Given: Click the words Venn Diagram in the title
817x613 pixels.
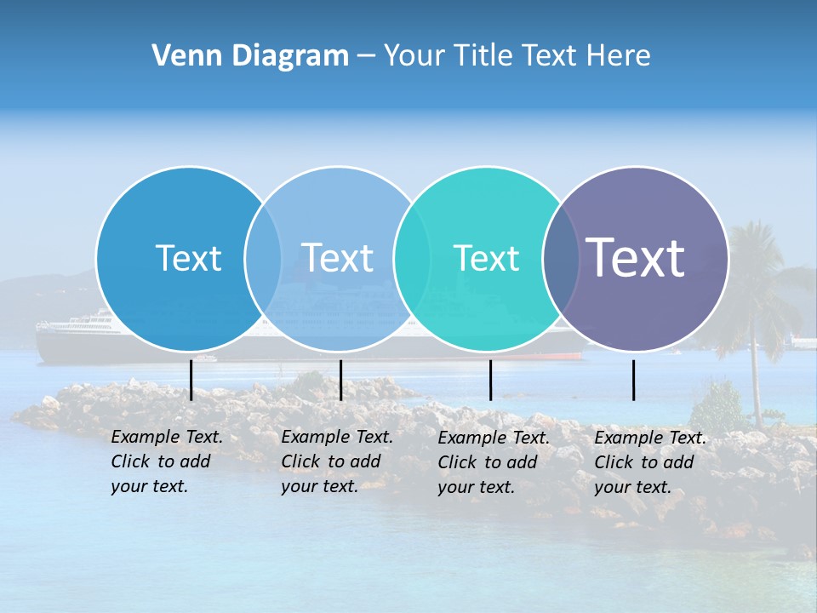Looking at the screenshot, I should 249,56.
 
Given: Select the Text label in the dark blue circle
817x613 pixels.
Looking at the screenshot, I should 188,258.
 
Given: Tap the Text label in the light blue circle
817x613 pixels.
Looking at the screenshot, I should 337,258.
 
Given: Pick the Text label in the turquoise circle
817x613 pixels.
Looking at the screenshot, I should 486,258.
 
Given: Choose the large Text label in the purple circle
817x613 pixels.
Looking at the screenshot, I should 635,257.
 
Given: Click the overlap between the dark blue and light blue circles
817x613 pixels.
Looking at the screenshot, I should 263,259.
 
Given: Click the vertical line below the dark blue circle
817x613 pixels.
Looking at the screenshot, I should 191,380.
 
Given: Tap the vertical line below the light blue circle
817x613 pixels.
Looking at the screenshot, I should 340,380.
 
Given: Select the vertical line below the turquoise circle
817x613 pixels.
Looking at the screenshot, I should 490,380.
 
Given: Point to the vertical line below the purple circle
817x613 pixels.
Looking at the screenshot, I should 633,380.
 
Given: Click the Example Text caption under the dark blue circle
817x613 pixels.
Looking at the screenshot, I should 166,461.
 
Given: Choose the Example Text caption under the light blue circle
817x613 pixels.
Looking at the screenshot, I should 336,461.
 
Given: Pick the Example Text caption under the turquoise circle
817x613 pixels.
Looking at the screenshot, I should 493,462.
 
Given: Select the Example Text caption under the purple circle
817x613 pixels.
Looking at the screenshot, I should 649,462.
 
